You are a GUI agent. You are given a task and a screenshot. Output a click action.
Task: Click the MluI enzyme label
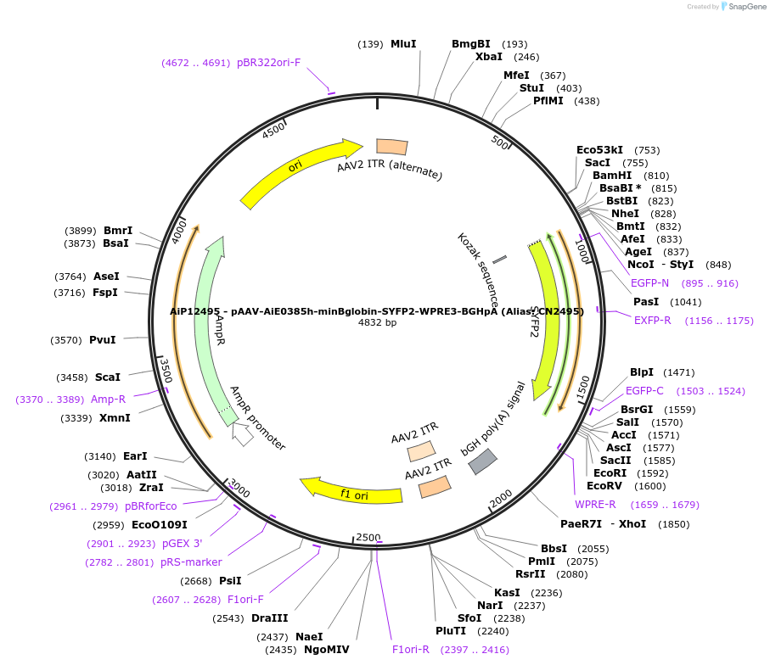(403, 44)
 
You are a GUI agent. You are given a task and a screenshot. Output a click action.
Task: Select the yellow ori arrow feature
(297, 170)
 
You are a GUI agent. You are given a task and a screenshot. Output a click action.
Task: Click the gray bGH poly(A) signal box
(483, 461)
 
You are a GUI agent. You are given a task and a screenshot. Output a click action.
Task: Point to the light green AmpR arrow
(209, 322)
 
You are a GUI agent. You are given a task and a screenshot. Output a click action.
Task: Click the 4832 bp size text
(377, 323)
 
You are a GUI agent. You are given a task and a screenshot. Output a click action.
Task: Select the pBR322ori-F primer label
(269, 63)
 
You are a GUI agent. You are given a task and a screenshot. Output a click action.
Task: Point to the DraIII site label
(270, 618)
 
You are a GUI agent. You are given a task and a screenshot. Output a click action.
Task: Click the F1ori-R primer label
(410, 650)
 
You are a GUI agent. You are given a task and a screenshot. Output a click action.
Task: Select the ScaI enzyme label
(107, 377)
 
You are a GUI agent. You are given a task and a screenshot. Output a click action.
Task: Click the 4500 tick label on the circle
(274, 131)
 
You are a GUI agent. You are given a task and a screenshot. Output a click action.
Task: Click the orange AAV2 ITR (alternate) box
(391, 147)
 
